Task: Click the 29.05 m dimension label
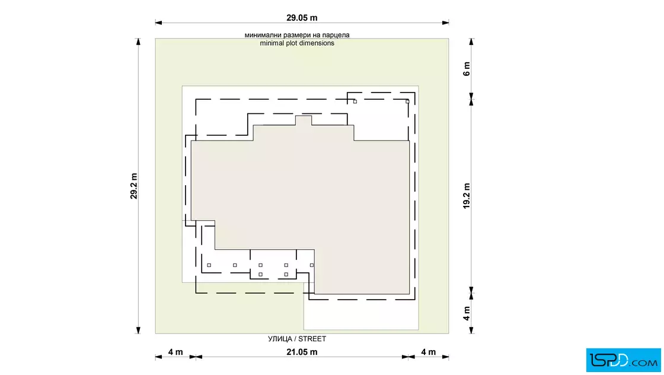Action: click(302, 18)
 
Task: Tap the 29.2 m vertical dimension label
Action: click(134, 186)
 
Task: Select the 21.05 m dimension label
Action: click(302, 352)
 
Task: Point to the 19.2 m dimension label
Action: click(466, 196)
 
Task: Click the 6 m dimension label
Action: click(466, 69)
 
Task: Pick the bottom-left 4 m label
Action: click(175, 352)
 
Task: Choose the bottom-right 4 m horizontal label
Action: click(428, 352)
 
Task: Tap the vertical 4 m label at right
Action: click(466, 313)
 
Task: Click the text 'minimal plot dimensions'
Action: click(297, 43)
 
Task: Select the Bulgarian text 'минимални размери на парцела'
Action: click(297, 35)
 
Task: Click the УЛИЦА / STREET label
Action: click(297, 339)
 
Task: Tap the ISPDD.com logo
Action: click(623, 360)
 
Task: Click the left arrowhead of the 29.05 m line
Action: click(158, 23)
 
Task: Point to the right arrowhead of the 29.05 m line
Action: click(445, 23)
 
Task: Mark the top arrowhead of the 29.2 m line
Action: click(138, 42)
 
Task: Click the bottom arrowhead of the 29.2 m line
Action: click(138, 330)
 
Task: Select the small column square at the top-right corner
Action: click(407, 101)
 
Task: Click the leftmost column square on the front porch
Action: click(209, 265)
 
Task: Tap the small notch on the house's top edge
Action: click(303, 120)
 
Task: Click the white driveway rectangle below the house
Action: click(361, 312)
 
